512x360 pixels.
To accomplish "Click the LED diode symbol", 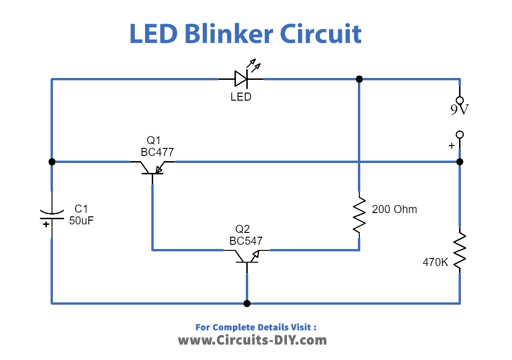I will click(241, 78).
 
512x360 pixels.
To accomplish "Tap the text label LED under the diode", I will click(241, 97).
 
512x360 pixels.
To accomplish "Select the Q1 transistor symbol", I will click(152, 168).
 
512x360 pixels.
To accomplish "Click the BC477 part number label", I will click(157, 152).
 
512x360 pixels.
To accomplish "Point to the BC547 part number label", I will click(246, 241).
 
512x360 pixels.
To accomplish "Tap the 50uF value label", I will click(82, 220).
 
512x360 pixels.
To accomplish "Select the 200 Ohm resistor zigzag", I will click(359, 214).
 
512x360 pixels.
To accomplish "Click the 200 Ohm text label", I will click(395, 209).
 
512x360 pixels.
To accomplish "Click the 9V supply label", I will click(459, 110).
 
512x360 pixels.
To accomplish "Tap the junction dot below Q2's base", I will click(247, 303).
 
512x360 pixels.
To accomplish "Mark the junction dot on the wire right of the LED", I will click(359, 79).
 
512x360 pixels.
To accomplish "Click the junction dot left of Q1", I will click(52, 162).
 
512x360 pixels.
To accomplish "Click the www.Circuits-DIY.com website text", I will click(252, 340).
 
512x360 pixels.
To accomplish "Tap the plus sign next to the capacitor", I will click(46, 224).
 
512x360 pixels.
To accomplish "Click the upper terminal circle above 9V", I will click(459, 100).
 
